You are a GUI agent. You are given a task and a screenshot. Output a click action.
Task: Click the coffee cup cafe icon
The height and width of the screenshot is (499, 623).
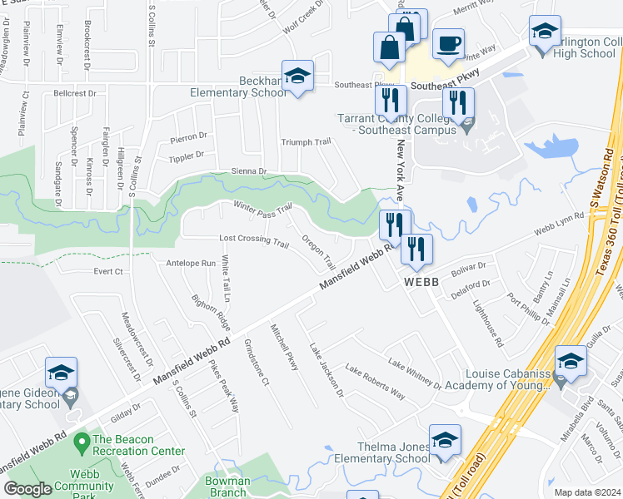coord(449,44)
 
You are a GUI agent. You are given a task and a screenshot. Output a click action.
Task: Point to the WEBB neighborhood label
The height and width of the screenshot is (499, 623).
coord(421,282)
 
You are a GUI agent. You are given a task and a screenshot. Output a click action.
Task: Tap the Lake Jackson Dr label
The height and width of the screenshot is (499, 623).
coord(326,369)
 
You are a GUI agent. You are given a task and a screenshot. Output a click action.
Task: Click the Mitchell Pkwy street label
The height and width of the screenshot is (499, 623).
coord(283,347)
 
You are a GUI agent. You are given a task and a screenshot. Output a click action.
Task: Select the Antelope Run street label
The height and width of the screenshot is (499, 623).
coord(191,263)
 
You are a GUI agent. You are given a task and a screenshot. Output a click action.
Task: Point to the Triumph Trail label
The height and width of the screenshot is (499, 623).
coord(306,142)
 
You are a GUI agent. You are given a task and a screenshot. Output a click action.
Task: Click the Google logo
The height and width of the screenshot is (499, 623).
coord(27,489)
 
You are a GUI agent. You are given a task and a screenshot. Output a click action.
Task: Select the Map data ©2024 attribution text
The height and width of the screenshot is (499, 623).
coord(586,492)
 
